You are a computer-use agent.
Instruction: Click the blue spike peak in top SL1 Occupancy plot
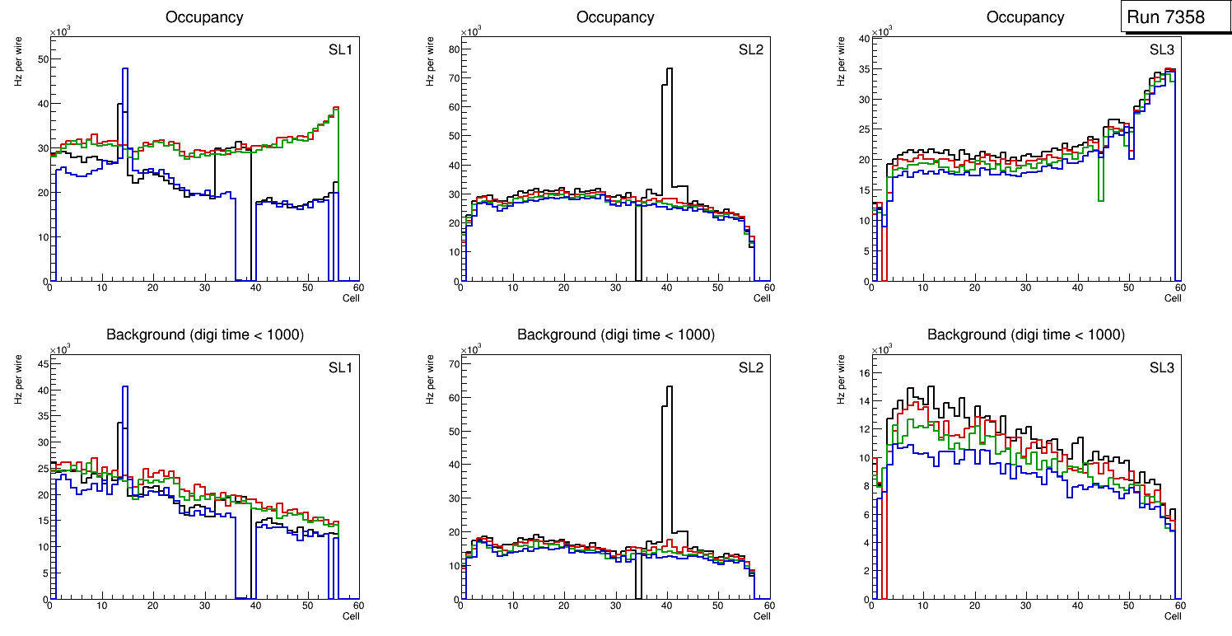coord(125,69)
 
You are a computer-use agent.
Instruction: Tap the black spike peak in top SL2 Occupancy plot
coord(670,69)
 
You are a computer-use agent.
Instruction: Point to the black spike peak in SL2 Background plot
coord(670,386)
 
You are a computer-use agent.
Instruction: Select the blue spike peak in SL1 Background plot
coord(125,386)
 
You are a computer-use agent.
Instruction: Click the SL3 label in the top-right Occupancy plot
coord(1161,49)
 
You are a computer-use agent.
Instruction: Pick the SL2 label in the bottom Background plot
coord(750,367)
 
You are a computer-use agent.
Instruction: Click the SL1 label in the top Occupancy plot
coord(340,49)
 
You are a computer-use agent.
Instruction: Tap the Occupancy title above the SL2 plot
coord(615,17)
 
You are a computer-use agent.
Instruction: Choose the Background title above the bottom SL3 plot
coord(1025,334)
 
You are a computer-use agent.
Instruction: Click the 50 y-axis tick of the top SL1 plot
coord(43,59)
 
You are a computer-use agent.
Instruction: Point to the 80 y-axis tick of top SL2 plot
coord(453,49)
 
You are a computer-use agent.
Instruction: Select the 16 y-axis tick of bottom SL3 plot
coord(864,372)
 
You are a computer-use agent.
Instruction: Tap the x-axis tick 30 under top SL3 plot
coord(1025,288)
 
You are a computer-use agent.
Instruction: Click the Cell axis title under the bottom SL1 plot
coord(351,615)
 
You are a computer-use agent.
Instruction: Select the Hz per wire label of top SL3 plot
coord(841,66)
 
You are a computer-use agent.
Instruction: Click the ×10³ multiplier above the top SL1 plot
coord(59,31)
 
